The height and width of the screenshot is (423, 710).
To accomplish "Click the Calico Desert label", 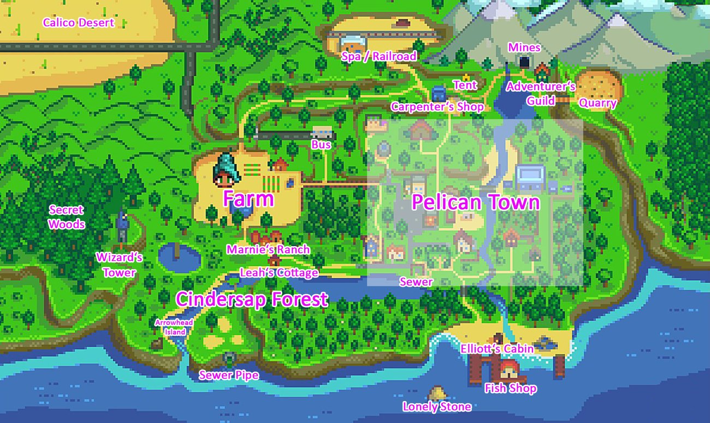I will [x=79, y=22].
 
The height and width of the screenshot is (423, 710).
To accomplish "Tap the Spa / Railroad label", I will [x=379, y=56].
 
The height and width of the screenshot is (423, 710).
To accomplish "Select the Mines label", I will [x=524, y=47].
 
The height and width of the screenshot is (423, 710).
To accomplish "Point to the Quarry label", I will [x=597, y=103].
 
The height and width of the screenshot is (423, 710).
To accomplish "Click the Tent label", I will [x=465, y=85].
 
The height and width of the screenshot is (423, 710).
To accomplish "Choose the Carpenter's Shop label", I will [x=437, y=106].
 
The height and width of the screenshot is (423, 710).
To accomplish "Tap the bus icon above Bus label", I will [x=322, y=133].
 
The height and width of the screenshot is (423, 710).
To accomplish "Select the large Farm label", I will [x=248, y=199].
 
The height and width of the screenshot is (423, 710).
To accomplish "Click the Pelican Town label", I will [x=476, y=202].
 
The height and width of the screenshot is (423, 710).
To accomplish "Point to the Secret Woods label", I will [x=66, y=217].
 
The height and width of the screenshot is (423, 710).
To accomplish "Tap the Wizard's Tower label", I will [x=120, y=264].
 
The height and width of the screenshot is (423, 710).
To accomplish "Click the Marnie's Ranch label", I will [x=268, y=249].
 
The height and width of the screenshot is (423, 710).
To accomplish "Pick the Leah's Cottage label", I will [x=279, y=272].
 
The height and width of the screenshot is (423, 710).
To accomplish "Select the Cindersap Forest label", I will [x=252, y=299].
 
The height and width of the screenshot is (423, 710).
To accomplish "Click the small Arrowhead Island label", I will [x=174, y=327].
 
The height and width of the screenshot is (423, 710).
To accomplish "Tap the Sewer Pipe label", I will [x=228, y=375].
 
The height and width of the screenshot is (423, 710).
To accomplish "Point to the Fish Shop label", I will [x=511, y=388].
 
